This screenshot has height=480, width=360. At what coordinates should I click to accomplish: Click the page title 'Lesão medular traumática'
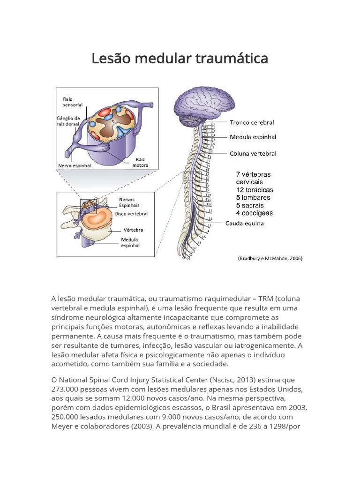(x=180, y=59)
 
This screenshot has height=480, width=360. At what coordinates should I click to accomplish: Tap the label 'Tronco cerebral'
(x=252, y=123)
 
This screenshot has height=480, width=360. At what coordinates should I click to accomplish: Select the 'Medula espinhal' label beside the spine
(x=253, y=138)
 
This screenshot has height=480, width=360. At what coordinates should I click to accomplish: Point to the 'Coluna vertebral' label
(x=253, y=153)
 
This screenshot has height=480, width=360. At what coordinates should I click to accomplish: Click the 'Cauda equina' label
(x=244, y=223)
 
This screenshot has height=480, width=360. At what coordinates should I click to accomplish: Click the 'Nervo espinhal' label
(x=74, y=165)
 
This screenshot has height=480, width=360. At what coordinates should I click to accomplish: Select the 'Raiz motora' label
(x=140, y=162)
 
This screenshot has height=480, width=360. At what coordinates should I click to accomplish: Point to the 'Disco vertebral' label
(x=131, y=214)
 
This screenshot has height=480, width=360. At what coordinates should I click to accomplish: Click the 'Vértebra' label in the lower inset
(x=133, y=230)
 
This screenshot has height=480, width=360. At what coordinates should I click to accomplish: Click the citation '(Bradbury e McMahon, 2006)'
(x=270, y=258)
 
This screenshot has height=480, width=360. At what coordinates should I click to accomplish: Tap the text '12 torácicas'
(x=254, y=190)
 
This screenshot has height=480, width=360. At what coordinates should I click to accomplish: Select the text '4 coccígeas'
(x=254, y=213)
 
